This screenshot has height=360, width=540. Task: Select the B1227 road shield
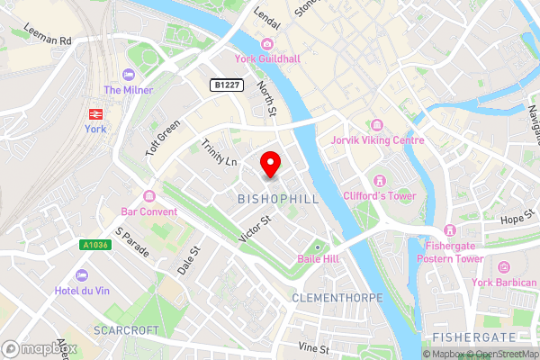click(225, 85)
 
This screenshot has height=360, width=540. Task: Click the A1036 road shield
click(93, 244)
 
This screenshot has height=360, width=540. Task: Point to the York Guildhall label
click(266, 59)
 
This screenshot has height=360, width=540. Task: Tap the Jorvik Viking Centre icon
click(376, 124)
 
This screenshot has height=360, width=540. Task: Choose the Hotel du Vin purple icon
click(83, 274)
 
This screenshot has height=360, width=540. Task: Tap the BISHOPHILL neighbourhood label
click(278, 198)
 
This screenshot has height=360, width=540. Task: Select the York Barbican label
click(504, 283)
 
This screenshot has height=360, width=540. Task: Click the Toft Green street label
click(163, 138)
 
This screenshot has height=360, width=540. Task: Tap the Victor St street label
click(255, 229)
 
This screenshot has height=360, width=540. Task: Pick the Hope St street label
click(518, 219)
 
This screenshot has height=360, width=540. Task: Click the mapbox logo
click(39, 348)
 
